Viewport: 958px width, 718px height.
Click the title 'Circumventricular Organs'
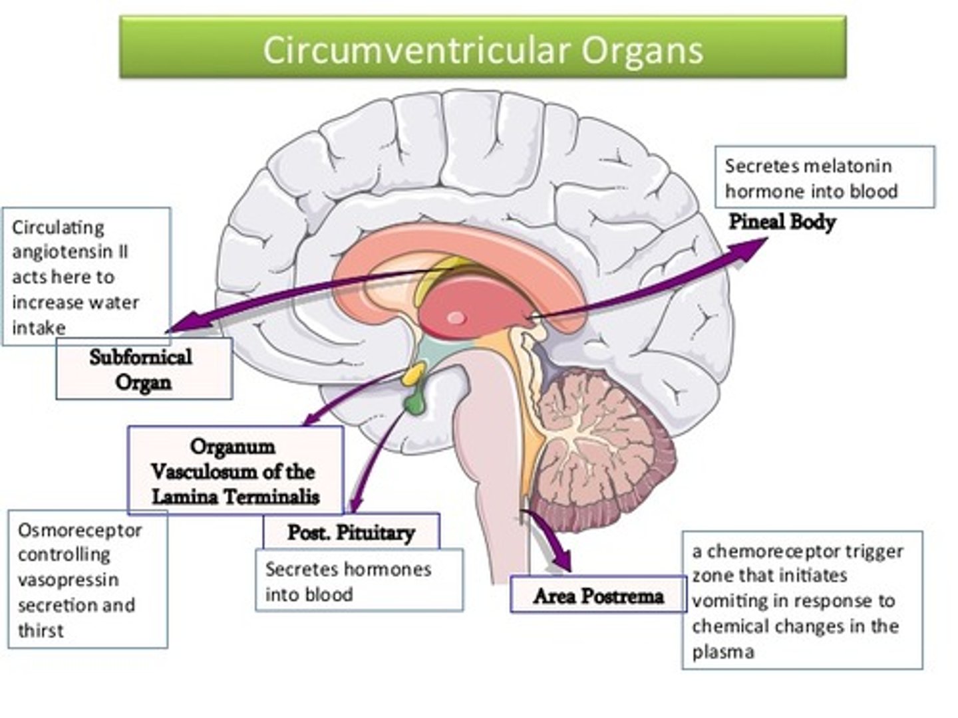(x=482, y=50)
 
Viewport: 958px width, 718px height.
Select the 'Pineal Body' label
(x=782, y=221)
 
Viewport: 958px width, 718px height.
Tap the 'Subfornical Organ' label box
(x=142, y=369)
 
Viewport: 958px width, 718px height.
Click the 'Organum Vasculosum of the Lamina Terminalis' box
(x=235, y=471)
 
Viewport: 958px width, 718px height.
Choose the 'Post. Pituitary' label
(x=351, y=532)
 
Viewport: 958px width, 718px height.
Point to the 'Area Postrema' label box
(x=597, y=596)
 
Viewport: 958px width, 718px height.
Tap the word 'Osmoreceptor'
(x=80, y=530)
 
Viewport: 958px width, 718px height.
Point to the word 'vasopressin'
(x=68, y=580)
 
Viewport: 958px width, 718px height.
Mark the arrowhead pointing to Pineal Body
(x=752, y=246)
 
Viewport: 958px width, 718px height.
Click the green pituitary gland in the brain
(x=414, y=403)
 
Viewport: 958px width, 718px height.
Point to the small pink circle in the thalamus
(x=456, y=318)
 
